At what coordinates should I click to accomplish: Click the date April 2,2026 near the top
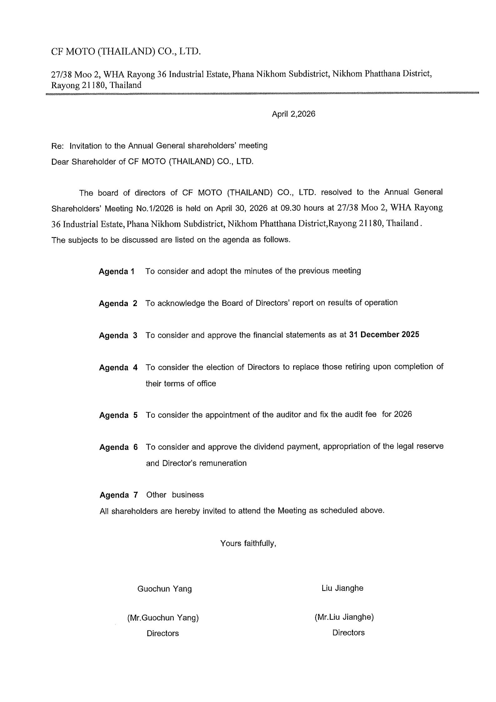[293, 114]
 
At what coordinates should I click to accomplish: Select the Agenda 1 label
[117, 271]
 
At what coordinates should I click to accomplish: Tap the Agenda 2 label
[118, 303]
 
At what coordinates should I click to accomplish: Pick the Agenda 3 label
[118, 336]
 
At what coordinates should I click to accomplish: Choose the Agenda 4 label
[118, 367]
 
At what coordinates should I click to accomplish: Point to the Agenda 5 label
[118, 415]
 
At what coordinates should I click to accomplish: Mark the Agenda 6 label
[118, 447]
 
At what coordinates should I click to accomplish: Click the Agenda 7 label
[118, 495]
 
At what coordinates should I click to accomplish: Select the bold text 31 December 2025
[384, 335]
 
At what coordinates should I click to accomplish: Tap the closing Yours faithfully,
[248, 543]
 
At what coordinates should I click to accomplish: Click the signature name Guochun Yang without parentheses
[164, 589]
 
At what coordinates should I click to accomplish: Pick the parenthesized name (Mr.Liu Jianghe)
[344, 617]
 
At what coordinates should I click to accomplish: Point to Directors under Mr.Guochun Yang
[163, 633]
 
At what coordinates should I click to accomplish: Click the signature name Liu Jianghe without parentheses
[342, 588]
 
